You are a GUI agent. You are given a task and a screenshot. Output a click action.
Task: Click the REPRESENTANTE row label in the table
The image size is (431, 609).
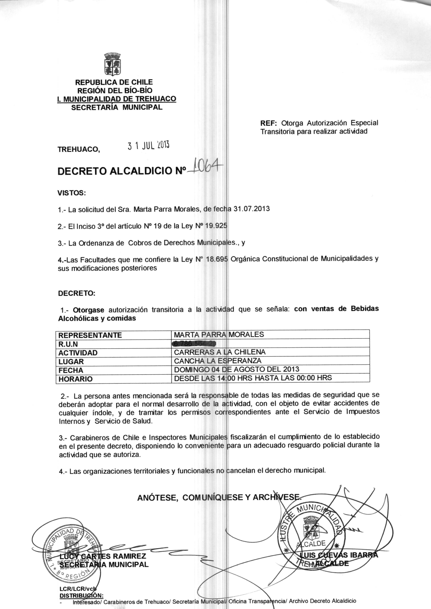click(x=90, y=335)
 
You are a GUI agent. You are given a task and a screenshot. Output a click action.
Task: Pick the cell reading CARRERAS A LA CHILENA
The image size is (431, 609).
click(x=219, y=352)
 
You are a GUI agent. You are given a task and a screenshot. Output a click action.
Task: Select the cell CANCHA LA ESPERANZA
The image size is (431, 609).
click(x=218, y=361)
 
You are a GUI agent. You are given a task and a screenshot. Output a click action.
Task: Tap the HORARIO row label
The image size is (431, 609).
click(x=75, y=379)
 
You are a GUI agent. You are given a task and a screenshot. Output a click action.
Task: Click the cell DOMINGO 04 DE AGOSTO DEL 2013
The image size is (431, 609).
click(x=236, y=369)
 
